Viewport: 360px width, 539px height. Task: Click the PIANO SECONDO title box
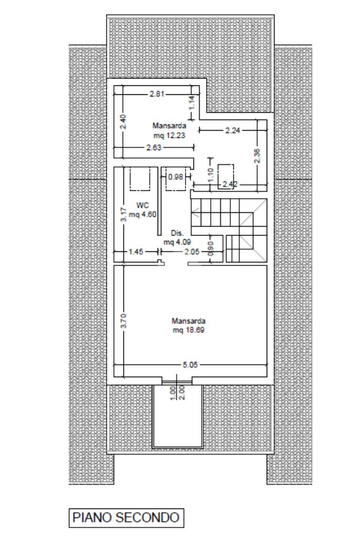(126, 518)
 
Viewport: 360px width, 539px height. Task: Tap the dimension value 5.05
(190, 365)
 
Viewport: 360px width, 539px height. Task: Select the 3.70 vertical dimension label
(124, 321)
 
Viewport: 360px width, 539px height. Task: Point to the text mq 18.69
(189, 330)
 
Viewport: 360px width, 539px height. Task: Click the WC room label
(143, 205)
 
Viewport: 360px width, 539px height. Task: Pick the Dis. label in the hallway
(178, 233)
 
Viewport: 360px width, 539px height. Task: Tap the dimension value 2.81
(157, 94)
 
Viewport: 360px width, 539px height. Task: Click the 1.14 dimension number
(192, 103)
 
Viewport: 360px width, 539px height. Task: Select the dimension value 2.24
(233, 130)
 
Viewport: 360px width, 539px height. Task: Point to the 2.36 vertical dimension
(258, 156)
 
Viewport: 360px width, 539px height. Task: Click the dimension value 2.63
(154, 148)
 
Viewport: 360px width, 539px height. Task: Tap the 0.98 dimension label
(176, 177)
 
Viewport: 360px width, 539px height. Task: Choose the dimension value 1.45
(136, 252)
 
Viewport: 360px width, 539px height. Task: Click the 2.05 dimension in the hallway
(192, 252)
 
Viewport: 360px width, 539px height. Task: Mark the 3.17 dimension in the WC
(124, 214)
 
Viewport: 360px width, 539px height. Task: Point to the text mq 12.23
(169, 135)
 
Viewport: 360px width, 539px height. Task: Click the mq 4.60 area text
(143, 214)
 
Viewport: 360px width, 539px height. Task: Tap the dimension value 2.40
(124, 121)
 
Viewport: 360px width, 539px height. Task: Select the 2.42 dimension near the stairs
(230, 184)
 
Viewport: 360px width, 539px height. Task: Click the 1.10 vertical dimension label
(211, 174)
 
